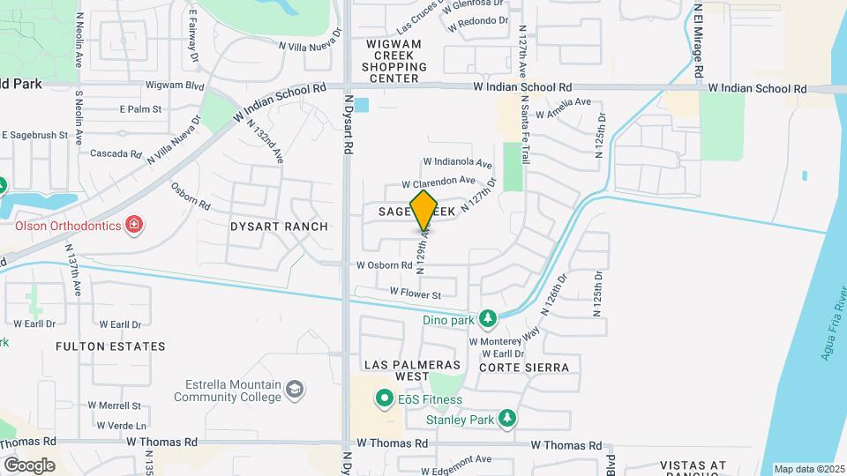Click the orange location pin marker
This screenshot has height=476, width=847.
coord(424,210)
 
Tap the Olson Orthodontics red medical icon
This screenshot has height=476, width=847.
coord(133,226)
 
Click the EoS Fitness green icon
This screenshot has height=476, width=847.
coord(384,399)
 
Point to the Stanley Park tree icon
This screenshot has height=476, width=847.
coord(506,418)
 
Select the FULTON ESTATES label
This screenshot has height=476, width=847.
coord(110,346)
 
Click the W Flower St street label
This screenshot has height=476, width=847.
coord(415,293)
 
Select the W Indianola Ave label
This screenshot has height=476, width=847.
coord(457,162)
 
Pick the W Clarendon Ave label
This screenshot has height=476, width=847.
coord(438,182)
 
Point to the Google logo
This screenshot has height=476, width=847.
coord(29,465)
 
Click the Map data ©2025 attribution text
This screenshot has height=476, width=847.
coord(809,469)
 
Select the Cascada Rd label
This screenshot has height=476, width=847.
coord(116,153)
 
